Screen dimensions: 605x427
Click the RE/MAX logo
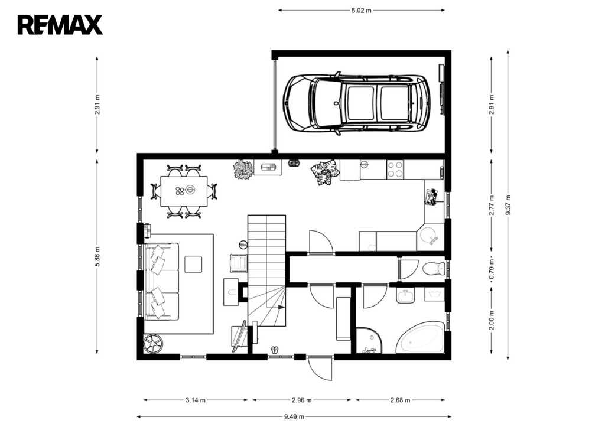click(x=60, y=25)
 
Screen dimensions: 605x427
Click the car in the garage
click(x=357, y=102)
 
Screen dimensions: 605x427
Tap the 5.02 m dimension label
click(x=361, y=11)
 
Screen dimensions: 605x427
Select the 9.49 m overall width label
click(x=294, y=416)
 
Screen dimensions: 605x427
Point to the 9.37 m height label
click(x=508, y=205)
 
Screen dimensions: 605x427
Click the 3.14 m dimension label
click(x=195, y=400)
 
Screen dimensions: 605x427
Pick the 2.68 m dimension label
click(x=400, y=400)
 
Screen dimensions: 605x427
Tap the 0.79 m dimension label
click(x=492, y=269)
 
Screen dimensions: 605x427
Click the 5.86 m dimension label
click(x=97, y=256)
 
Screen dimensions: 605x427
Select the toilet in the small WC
click(x=434, y=268)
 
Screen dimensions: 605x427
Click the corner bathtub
click(x=421, y=337)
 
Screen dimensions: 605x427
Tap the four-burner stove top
click(x=395, y=170)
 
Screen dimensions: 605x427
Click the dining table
click(x=184, y=191)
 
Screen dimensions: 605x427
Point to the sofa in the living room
click(x=161, y=281)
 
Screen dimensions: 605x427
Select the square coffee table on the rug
click(x=193, y=264)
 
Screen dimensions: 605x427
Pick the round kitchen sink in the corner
click(x=428, y=235)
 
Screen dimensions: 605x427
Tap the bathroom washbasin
click(x=405, y=296)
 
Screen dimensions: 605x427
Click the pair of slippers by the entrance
click(x=275, y=350)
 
